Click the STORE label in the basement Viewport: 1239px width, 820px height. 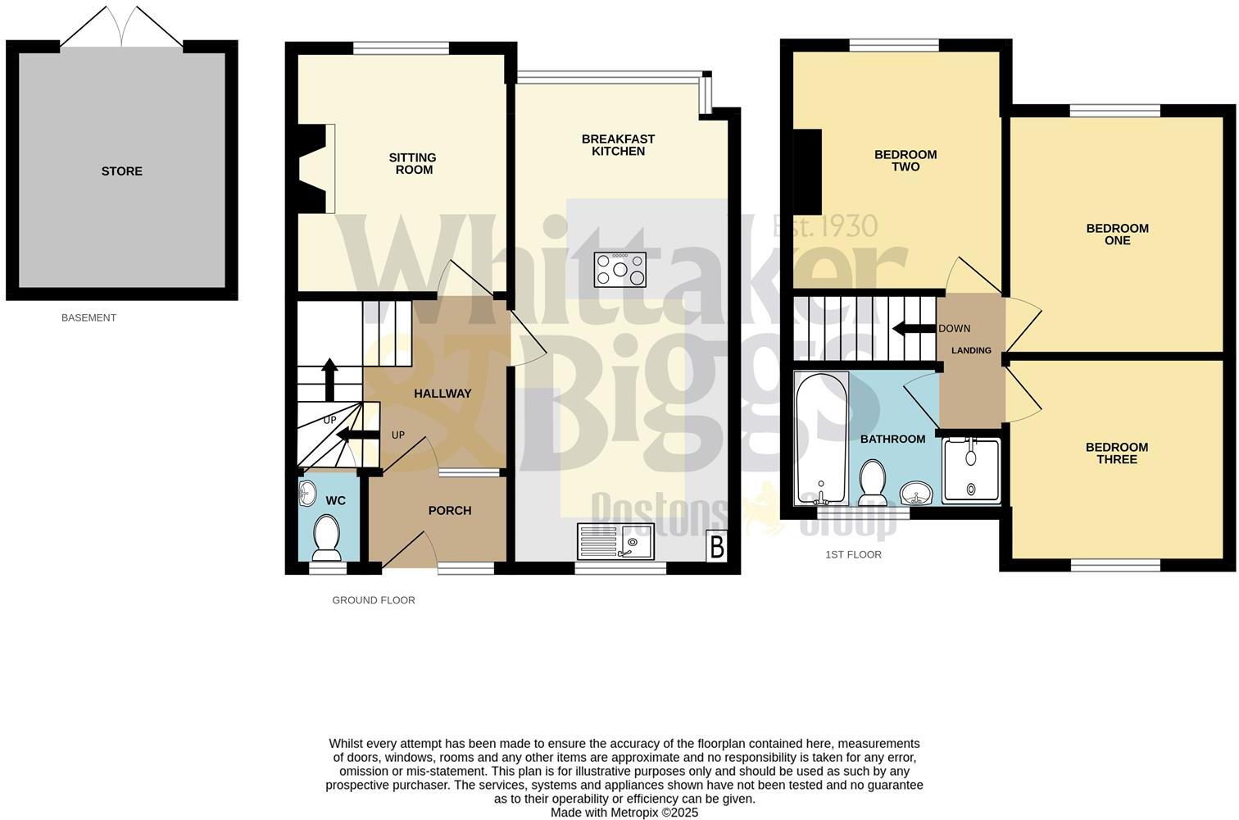pos(121,171)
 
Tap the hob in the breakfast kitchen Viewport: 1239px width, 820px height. pos(619,269)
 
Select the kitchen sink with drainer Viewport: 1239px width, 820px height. pos(615,541)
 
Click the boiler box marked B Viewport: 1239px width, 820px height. pos(717,547)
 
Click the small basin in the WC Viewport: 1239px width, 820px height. pos(308,493)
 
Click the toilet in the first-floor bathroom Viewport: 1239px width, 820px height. pos(871,482)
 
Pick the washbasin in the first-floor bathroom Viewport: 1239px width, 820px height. pos(915,494)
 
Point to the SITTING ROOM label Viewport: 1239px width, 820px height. pos(413,164)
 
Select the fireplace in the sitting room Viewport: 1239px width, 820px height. pos(316,169)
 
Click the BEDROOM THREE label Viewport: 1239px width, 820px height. pos(1116,453)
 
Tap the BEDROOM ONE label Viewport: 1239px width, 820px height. pos(1117,235)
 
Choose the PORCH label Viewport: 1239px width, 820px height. pos(450,511)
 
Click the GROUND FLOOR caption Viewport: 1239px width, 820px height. pos(374,600)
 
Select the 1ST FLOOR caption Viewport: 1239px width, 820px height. pos(853,555)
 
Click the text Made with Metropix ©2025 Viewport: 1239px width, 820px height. pos(624,813)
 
